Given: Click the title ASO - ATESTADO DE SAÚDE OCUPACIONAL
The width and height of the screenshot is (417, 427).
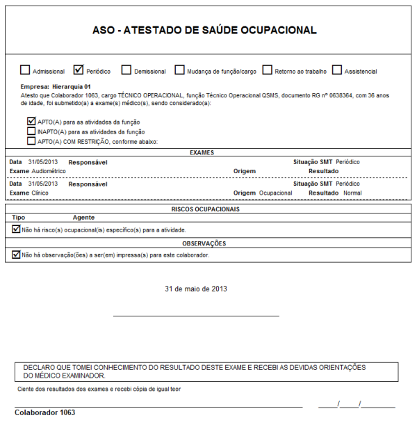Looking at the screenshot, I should (x=204, y=31).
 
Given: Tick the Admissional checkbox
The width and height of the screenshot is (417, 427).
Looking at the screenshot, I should (x=26, y=70).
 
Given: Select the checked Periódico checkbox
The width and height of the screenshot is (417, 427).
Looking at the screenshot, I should (x=79, y=70).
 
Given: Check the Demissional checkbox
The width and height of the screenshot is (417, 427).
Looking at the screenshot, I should (x=126, y=70).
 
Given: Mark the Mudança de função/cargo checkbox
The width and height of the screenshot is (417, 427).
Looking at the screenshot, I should (x=180, y=70).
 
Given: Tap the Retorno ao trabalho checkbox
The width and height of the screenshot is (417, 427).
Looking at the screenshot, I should (x=268, y=70).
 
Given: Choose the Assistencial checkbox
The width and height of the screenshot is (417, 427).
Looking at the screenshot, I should (x=337, y=70).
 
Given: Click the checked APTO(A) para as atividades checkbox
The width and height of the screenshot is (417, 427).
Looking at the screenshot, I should (x=31, y=121).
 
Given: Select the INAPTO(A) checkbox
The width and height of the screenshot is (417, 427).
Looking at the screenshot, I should (x=31, y=131).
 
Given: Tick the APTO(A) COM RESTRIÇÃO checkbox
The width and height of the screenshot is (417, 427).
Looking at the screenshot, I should (x=31, y=140).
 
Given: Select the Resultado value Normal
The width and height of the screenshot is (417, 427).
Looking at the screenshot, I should (x=352, y=192).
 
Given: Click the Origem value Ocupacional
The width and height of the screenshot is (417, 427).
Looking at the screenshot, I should (x=275, y=192).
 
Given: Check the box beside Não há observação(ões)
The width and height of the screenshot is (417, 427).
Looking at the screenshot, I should (x=17, y=255).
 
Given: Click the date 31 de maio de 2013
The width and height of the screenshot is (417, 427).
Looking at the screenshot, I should (x=196, y=288).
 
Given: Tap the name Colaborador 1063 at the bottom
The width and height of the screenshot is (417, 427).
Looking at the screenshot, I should (x=44, y=412).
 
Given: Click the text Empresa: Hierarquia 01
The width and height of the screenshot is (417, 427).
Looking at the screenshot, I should (x=56, y=86).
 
